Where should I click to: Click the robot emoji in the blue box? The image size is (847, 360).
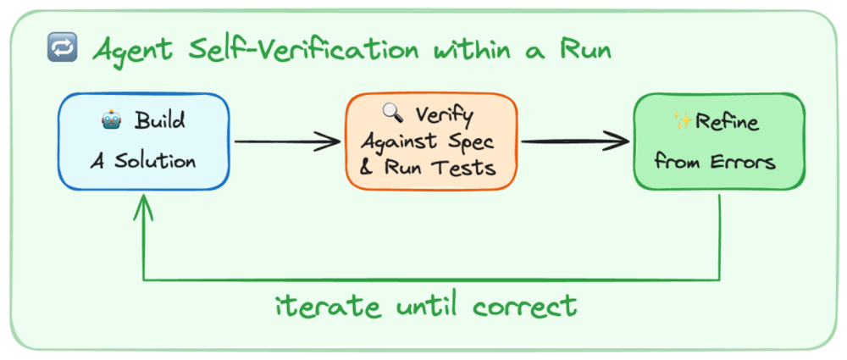111,121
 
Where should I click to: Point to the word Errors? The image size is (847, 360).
742,161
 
